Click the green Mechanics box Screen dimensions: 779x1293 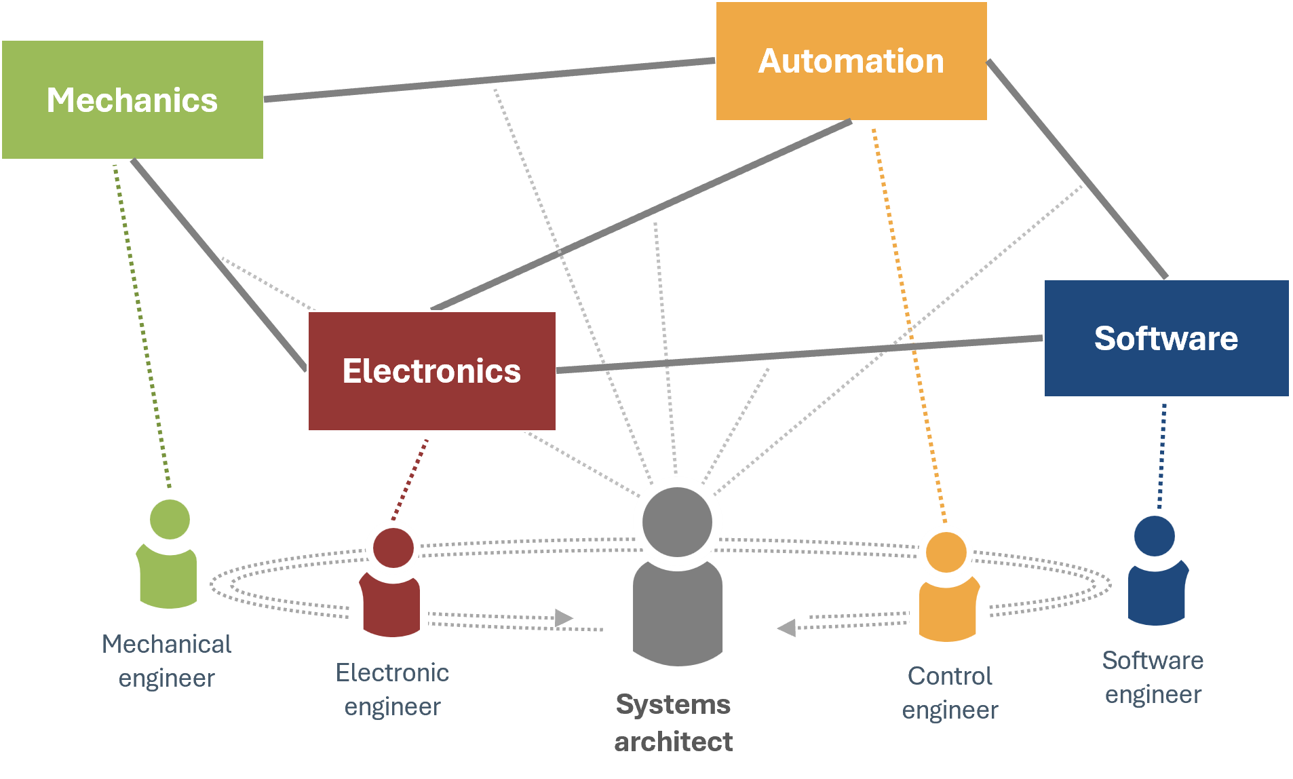point(132,100)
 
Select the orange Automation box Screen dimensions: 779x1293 point(851,61)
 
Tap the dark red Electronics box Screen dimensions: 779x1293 point(431,370)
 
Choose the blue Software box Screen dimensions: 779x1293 point(1165,338)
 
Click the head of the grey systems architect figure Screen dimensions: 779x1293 point(677,521)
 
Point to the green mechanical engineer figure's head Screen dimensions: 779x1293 point(170,519)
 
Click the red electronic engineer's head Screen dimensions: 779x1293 point(393,548)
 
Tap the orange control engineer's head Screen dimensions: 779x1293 point(946,552)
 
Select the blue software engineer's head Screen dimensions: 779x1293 point(1154,535)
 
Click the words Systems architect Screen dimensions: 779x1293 point(673,723)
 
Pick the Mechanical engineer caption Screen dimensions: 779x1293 point(166,660)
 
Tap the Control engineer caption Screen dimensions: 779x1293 point(950,692)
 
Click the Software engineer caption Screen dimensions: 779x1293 point(1153,677)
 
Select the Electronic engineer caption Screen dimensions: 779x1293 point(392,689)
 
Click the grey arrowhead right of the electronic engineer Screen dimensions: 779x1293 point(563,617)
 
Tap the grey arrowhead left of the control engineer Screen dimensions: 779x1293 point(787,628)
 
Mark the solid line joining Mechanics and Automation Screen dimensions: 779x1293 point(488,80)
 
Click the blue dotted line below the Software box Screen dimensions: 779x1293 point(1162,455)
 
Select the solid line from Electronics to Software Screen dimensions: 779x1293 point(800,354)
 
